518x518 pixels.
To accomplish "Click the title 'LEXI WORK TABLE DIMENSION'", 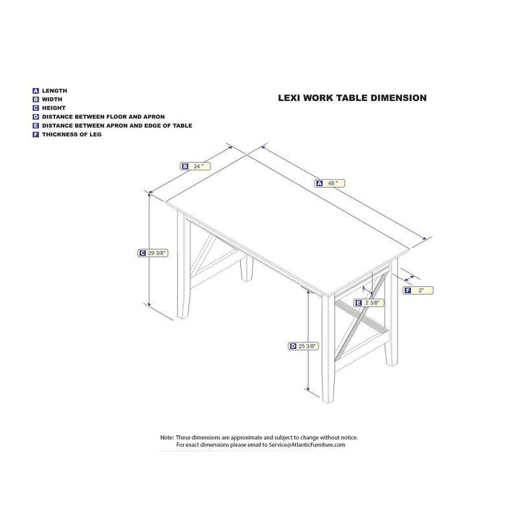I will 352,98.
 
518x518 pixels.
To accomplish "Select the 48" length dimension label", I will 331,183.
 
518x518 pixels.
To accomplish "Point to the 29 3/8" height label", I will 157,253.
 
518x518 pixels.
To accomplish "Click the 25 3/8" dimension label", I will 307,346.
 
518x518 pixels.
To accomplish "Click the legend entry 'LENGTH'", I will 54,91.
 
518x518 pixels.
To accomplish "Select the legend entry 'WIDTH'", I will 52,100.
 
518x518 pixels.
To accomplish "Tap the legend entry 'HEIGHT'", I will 54,108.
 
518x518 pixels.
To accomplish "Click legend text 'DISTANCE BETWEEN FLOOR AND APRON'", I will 103,117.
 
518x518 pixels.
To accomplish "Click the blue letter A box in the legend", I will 36,91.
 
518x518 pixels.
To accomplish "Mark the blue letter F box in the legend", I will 36,135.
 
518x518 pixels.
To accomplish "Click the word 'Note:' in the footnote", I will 167,438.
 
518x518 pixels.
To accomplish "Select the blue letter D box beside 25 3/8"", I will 293,346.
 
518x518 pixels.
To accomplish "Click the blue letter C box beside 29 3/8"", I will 142,253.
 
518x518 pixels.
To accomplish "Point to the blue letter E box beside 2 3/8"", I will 358,302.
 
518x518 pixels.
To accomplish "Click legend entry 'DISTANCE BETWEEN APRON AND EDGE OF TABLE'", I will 117,126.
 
